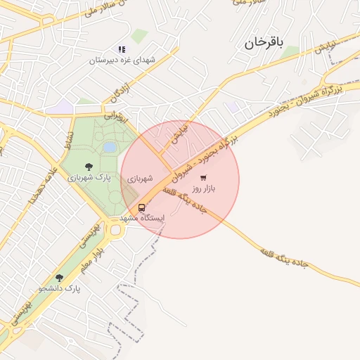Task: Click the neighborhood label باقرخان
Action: coord(264,44)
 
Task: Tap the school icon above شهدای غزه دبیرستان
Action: coord(122,49)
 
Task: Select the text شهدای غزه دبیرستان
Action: coord(121,60)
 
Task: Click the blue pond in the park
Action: coord(110,148)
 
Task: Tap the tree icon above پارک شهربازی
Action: coord(89,167)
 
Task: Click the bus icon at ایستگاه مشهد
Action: coord(142,208)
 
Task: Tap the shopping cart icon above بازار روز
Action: coord(203,177)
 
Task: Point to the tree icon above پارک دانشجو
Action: coord(59,278)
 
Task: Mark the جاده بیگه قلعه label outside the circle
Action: coord(284,256)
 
